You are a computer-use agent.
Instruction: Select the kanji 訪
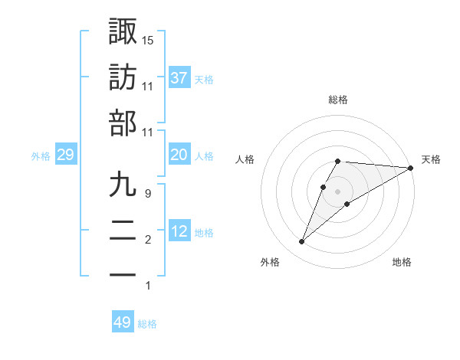123,77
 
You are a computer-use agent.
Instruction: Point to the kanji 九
123,185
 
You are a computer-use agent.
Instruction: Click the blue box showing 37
179,77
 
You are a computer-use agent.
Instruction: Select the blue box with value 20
179,155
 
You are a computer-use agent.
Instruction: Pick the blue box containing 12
179,231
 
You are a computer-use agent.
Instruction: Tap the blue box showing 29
65,155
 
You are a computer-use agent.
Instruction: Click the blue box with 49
123,322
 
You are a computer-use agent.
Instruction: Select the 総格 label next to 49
147,324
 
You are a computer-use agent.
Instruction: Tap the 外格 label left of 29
41,156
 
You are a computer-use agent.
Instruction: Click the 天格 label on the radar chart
431,159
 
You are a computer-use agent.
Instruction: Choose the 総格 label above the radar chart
338,100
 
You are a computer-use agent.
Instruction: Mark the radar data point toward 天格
410,168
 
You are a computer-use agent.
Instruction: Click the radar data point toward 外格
302,242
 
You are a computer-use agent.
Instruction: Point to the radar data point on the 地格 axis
347,203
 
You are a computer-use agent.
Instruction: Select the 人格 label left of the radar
245,159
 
